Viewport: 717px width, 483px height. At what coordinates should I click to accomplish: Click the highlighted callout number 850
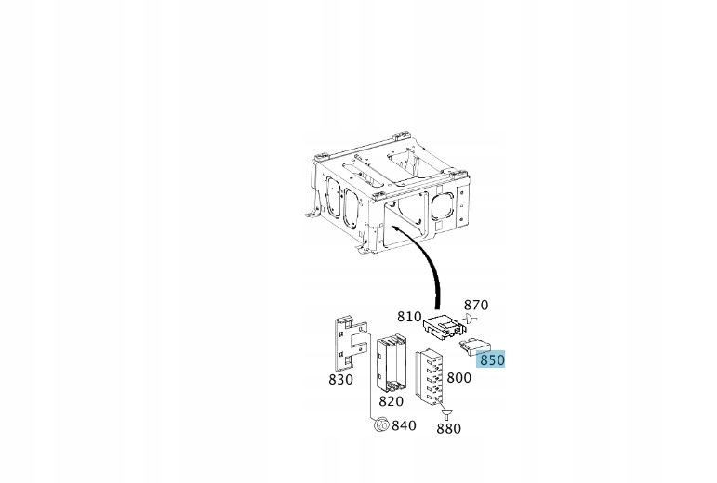pyautogui.click(x=492, y=359)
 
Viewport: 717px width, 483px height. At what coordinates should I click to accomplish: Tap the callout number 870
pyautogui.click(x=476, y=305)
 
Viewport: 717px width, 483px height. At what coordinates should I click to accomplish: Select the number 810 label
pyautogui.click(x=409, y=316)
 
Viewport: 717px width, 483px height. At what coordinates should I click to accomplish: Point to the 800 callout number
pyautogui.click(x=458, y=377)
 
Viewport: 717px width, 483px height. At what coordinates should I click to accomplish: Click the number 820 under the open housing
pyautogui.click(x=391, y=401)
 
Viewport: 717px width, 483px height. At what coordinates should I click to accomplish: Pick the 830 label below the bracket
pyautogui.click(x=340, y=379)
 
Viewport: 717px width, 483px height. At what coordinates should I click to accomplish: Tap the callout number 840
pyautogui.click(x=404, y=425)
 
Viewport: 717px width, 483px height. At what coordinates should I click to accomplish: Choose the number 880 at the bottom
pyautogui.click(x=448, y=429)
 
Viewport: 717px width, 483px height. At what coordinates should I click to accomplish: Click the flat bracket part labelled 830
pyautogui.click(x=350, y=343)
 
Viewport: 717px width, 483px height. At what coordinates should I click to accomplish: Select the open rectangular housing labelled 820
pyautogui.click(x=392, y=363)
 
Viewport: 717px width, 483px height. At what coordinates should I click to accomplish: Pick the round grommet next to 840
pyautogui.click(x=380, y=424)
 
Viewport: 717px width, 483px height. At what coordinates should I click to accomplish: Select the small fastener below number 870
pyautogui.click(x=471, y=320)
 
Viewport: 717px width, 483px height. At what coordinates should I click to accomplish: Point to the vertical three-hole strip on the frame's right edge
pyautogui.click(x=462, y=206)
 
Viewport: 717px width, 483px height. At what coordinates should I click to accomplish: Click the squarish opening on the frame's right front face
pyautogui.click(x=442, y=206)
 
